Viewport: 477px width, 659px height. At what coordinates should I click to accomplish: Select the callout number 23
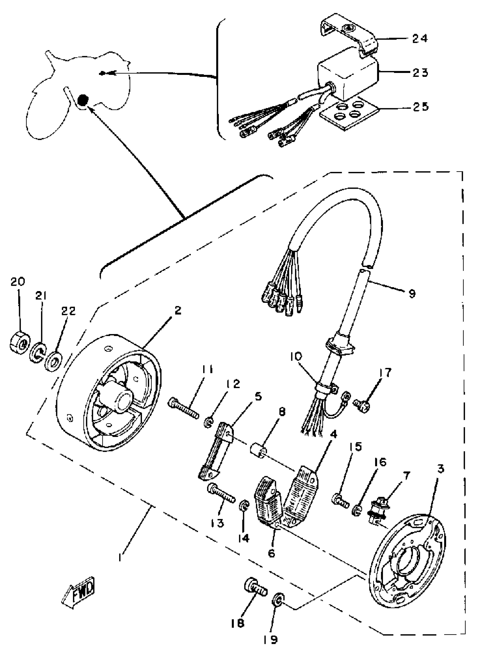420,72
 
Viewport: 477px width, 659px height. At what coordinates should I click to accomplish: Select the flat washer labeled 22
54,361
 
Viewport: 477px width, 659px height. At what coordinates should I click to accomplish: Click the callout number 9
412,294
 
